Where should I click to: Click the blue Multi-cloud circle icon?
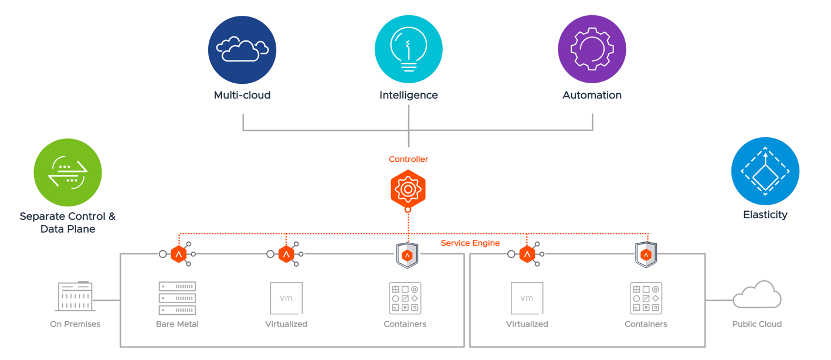click(x=242, y=50)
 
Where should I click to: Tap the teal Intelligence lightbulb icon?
click(x=409, y=50)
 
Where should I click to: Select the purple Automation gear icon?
click(x=592, y=50)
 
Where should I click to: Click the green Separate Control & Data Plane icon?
click(x=68, y=172)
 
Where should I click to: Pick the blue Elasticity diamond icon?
click(x=765, y=171)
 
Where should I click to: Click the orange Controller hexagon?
click(x=408, y=189)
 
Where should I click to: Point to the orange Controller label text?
click(x=408, y=159)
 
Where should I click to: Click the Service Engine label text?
click(x=470, y=243)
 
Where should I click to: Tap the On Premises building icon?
click(x=75, y=296)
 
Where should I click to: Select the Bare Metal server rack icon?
click(x=177, y=298)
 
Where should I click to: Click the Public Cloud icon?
click(x=757, y=294)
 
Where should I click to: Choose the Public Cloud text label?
click(x=757, y=324)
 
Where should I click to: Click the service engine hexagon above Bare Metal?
click(x=179, y=254)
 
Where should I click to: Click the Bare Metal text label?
click(x=177, y=324)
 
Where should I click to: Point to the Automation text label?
click(x=592, y=95)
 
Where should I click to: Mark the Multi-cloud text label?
click(x=242, y=95)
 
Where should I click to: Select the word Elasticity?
click(x=765, y=215)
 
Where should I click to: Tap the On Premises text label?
click(x=75, y=324)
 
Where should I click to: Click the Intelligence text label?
click(x=409, y=95)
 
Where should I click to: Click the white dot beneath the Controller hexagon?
click(x=408, y=209)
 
